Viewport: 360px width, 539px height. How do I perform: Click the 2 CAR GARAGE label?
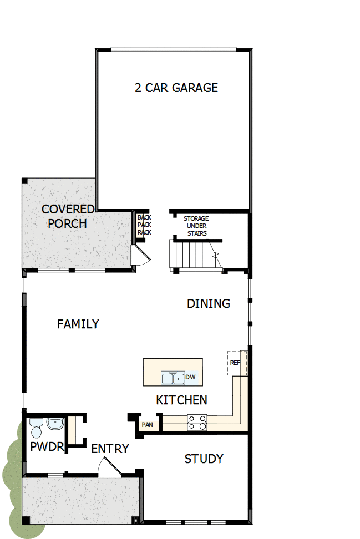176,88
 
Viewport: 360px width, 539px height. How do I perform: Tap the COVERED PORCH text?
68,216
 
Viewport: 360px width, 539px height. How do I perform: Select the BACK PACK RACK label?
144,225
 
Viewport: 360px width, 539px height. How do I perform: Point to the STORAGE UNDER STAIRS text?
196,226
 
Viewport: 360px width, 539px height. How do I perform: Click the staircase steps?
191,255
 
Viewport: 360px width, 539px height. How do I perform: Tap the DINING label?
208,303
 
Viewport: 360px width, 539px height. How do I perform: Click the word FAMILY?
78,324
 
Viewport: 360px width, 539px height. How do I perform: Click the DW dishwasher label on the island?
190,378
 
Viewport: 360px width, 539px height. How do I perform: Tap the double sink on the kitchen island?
173,379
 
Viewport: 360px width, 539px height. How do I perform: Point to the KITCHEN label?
181,400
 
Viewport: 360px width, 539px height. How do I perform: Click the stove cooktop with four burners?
197,423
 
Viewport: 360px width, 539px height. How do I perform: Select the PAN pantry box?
148,425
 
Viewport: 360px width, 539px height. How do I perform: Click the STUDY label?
204,459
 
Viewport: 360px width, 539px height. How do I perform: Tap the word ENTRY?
110,449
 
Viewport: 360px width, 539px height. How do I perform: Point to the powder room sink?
55,424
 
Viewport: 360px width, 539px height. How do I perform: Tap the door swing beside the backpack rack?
139,255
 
